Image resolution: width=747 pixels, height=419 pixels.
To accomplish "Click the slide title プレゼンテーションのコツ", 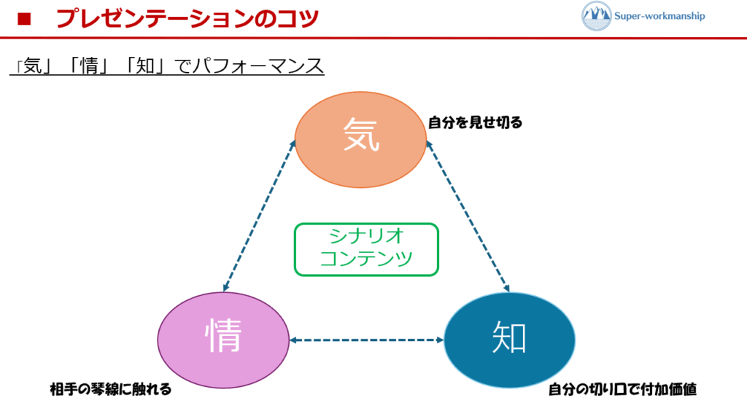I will pyautogui.click(x=187, y=18).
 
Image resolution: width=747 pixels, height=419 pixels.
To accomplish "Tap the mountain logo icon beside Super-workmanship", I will pyautogui.click(x=597, y=16).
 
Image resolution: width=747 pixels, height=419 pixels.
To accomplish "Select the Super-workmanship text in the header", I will pyautogui.click(x=661, y=15).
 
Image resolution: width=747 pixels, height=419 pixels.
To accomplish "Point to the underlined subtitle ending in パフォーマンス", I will pyautogui.click(x=167, y=66).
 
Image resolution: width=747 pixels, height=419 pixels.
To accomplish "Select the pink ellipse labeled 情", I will pyautogui.click(x=223, y=340).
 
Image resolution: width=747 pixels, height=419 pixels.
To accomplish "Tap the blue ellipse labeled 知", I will pyautogui.click(x=509, y=340).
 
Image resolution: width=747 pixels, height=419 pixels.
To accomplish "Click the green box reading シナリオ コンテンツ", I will pyautogui.click(x=366, y=249).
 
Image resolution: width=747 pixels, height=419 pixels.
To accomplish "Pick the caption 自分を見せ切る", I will pyautogui.click(x=475, y=122).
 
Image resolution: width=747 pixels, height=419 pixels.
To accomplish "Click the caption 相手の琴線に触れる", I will pyautogui.click(x=111, y=389).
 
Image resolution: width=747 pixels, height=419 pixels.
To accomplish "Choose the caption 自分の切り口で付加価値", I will pyautogui.click(x=622, y=389).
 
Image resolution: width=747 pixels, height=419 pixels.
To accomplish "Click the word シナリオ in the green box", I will pyautogui.click(x=366, y=237).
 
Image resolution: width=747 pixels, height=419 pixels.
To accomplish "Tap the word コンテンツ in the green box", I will pyautogui.click(x=366, y=259).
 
